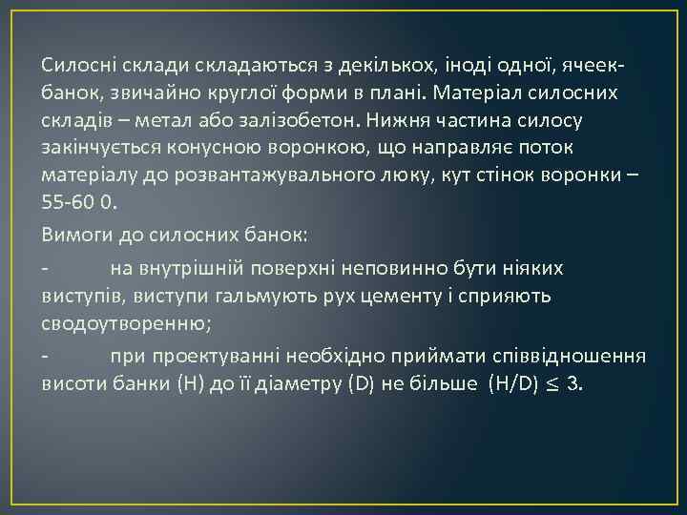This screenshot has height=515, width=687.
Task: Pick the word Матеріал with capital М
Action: [474, 94]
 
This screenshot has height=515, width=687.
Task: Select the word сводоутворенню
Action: [125, 323]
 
